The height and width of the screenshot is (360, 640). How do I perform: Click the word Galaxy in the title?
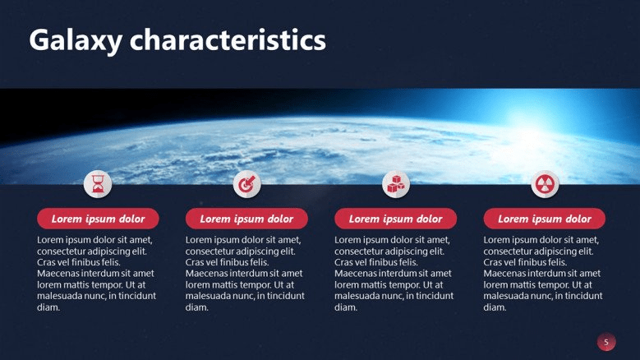pos(76,41)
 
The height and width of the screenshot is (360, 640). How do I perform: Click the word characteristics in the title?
pos(228,39)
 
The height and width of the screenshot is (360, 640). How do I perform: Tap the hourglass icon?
pos(98,184)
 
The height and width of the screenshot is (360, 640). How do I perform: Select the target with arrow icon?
pos(246,184)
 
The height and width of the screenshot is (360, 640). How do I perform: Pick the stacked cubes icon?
pos(396,184)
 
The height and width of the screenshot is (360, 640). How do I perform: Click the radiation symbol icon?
pos(545,184)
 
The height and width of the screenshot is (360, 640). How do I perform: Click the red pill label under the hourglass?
pos(98,219)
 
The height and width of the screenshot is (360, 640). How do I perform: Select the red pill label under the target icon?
pos(246,219)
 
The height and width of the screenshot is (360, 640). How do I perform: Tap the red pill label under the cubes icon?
pos(395,219)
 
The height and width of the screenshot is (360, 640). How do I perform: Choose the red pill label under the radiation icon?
pos(545,219)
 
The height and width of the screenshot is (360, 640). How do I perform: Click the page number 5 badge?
pos(606,342)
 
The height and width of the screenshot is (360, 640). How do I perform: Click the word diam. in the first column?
pos(48,307)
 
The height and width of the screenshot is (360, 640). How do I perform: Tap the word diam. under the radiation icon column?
pos(495,307)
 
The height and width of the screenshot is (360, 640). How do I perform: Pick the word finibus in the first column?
pos(83,262)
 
